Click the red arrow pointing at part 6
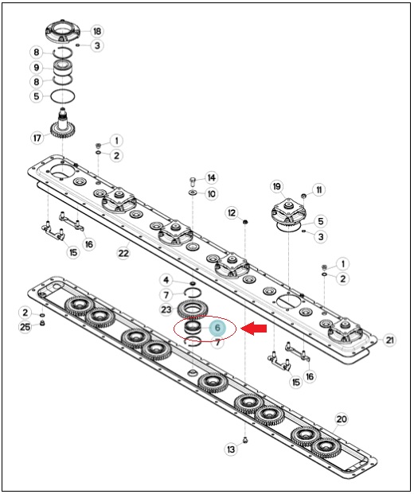(254, 329)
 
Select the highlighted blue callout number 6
(217, 328)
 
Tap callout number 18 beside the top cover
(97, 31)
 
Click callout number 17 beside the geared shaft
(37, 138)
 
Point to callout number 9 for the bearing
(37, 68)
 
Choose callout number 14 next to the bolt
(211, 177)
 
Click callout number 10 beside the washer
(211, 193)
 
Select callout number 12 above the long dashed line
(232, 213)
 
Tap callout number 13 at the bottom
(231, 449)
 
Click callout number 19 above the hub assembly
(277, 186)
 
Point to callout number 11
(318, 189)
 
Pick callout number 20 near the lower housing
(342, 419)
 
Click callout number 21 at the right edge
(390, 340)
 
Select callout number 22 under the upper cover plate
(123, 253)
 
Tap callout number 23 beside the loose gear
(166, 309)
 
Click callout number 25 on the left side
(25, 327)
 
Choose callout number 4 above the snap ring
(166, 279)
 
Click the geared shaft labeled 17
(62, 124)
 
